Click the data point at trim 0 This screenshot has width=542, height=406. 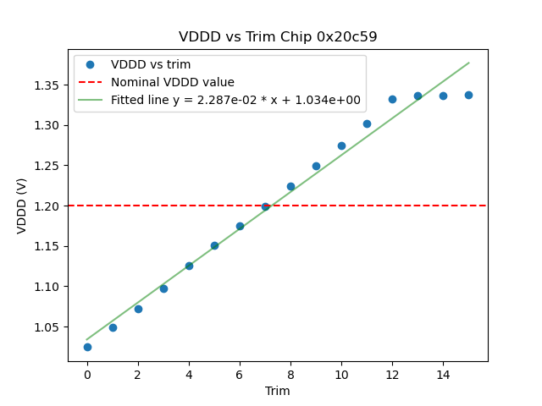(87, 347)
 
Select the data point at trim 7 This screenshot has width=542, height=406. (265, 206)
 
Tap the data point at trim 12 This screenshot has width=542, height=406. (392, 99)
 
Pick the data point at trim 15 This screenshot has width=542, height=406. (468, 95)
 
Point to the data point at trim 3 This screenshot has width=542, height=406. (163, 288)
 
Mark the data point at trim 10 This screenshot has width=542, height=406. (341, 145)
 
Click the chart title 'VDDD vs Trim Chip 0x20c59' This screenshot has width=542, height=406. (278, 37)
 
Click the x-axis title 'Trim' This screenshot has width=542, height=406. (278, 391)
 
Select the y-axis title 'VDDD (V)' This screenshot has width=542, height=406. (22, 206)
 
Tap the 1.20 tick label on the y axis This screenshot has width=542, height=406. (47, 206)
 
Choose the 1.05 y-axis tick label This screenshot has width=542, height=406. (47, 326)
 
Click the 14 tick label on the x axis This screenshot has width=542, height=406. (443, 375)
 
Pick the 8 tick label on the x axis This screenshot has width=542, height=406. (290, 375)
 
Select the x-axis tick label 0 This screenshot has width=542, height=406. (87, 375)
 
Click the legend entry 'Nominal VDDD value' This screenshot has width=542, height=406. (173, 82)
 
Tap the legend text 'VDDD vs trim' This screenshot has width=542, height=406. (151, 64)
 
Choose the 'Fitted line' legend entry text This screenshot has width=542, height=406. (235, 100)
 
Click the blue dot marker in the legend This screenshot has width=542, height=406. (90, 64)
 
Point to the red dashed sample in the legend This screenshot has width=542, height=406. (90, 82)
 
